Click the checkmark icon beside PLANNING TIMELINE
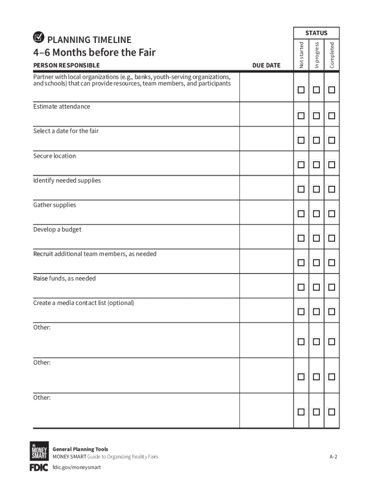pyautogui.click(x=39, y=38)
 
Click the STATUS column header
pyautogui.click(x=316, y=33)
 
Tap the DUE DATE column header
pyautogui.click(x=266, y=65)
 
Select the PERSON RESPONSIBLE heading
pyautogui.click(x=66, y=65)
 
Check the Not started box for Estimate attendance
pyautogui.click(x=301, y=116)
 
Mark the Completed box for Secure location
pyautogui.click(x=332, y=165)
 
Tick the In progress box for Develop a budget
pyautogui.click(x=316, y=238)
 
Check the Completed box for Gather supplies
pyautogui.click(x=332, y=214)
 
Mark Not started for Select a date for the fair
pyautogui.click(x=301, y=140)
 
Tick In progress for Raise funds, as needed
pyautogui.click(x=316, y=287)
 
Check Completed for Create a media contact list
pyautogui.click(x=332, y=312)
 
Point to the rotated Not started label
pyautogui.click(x=301, y=55)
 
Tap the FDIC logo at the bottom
pyautogui.click(x=39, y=468)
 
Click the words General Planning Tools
pyautogui.click(x=80, y=449)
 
